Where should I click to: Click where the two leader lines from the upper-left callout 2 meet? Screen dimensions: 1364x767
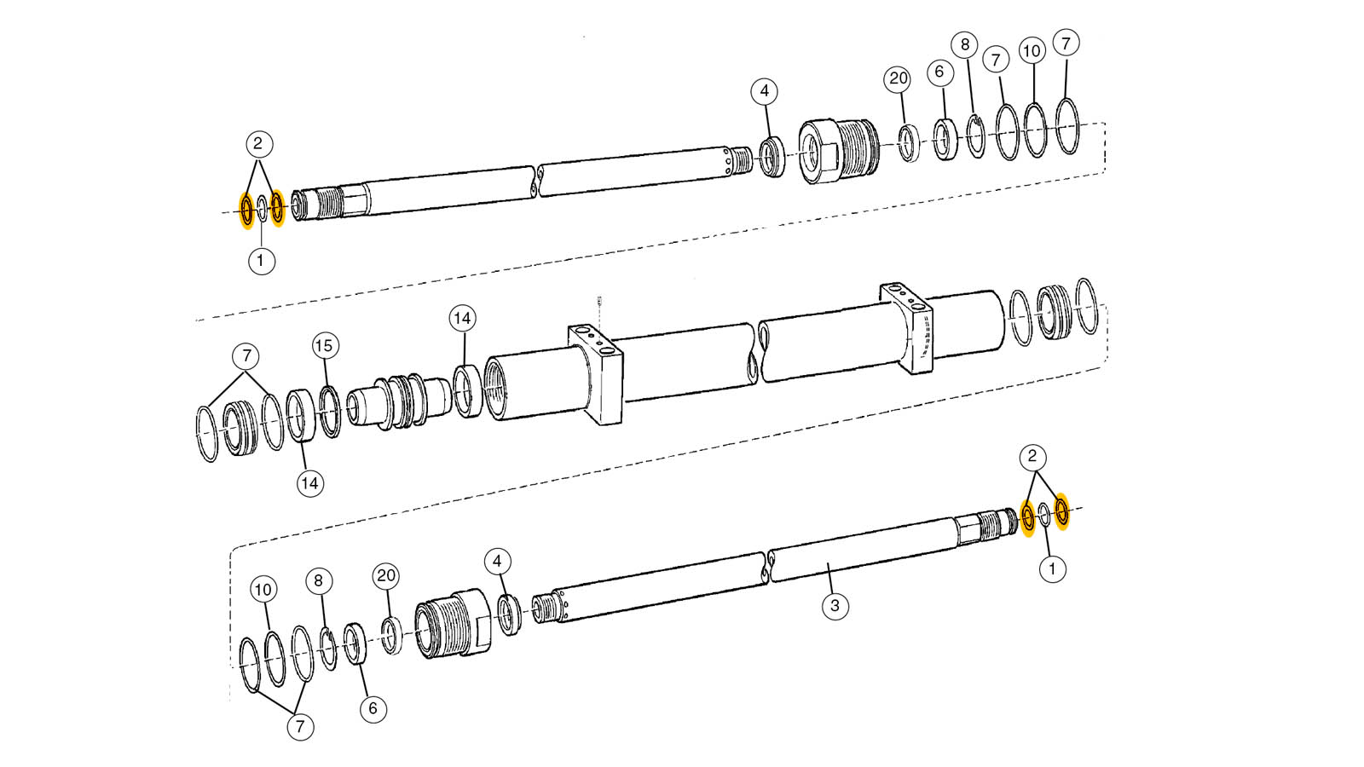point(259,160)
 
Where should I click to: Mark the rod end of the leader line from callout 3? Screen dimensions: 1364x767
point(828,563)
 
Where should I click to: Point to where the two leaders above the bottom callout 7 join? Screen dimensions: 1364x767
point(296,712)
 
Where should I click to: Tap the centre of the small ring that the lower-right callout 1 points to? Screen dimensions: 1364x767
point(1044,515)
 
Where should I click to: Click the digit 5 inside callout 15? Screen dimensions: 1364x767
point(328,346)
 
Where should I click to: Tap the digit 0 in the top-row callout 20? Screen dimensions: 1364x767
point(903,78)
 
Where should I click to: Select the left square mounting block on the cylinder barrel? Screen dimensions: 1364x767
point(596,375)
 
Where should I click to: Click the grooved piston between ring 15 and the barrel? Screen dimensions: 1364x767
point(399,401)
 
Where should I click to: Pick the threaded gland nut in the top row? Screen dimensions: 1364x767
point(839,150)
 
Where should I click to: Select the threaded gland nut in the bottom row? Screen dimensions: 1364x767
point(453,623)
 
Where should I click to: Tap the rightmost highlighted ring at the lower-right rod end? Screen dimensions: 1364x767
point(1061,510)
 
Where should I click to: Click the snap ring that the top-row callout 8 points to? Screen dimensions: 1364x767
point(976,136)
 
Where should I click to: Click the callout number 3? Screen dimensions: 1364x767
point(835,606)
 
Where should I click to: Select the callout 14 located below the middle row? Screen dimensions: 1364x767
point(310,483)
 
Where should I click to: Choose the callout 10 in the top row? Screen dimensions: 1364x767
point(1032,50)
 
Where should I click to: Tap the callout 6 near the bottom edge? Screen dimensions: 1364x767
point(373,708)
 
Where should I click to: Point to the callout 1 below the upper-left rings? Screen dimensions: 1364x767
point(261,261)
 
